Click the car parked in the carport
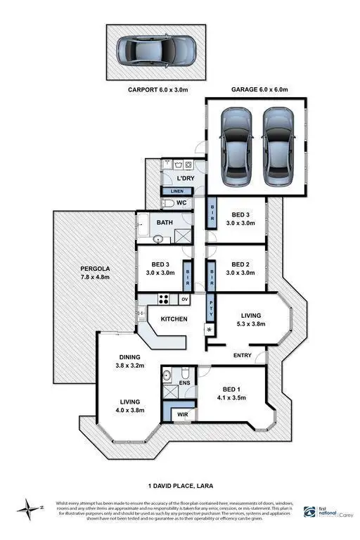click(x=155, y=51)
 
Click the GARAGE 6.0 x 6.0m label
click(x=259, y=90)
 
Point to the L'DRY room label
click(x=185, y=179)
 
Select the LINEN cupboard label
click(x=177, y=191)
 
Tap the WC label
click(x=181, y=204)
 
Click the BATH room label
click(x=165, y=223)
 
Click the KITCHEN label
click(x=174, y=320)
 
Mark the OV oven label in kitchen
click(x=185, y=300)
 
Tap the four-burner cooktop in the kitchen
click(x=163, y=300)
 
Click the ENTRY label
click(x=242, y=356)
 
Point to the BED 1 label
click(x=232, y=390)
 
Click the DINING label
click(x=129, y=356)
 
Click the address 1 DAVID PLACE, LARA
click(x=181, y=485)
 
